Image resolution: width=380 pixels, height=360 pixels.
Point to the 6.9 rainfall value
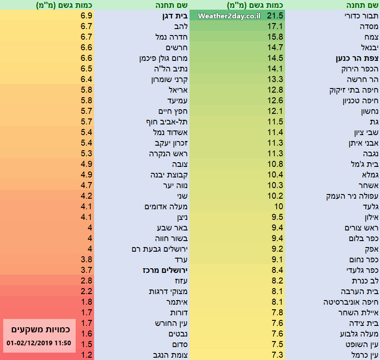(x=87, y=16)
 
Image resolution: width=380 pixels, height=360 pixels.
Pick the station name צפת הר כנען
(x=357, y=59)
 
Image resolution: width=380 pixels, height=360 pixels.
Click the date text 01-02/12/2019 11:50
(x=39, y=342)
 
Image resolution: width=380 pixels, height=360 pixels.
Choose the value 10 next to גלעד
(x=279, y=207)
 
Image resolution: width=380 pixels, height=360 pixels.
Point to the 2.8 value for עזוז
(x=87, y=280)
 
